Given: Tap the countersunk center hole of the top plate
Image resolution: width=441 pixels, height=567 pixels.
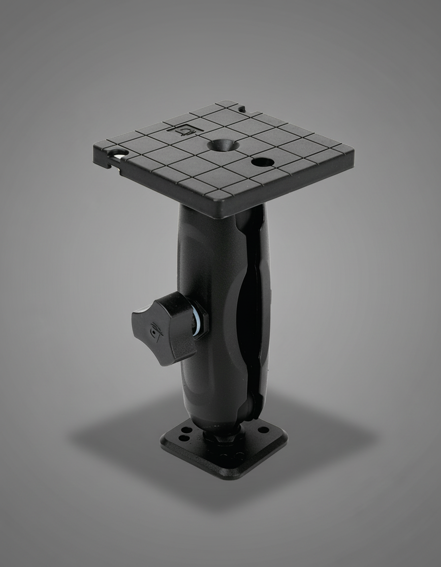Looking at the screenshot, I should [223, 145].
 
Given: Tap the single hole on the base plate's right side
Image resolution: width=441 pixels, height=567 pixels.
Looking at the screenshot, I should [264, 430].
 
